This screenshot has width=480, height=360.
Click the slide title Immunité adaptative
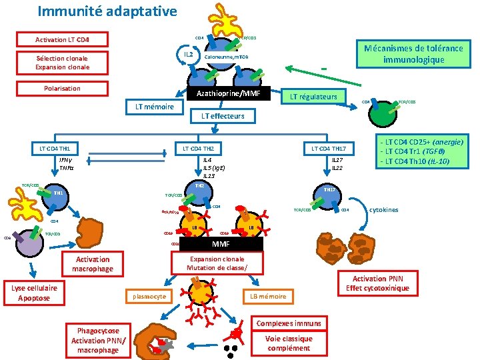click(107, 11)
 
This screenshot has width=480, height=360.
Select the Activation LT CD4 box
click(62, 39)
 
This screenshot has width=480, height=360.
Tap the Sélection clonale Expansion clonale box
click(62, 63)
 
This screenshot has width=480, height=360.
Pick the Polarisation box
click(62, 88)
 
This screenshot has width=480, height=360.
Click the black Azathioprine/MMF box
click(233, 93)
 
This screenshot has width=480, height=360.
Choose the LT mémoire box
click(155, 107)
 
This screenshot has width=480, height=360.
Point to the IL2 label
click(189, 53)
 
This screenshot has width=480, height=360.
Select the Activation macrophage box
click(93, 264)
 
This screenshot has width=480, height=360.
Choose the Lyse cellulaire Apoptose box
click(34, 293)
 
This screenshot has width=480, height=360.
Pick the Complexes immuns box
click(289, 323)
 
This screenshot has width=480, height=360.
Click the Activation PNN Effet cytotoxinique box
click(378, 283)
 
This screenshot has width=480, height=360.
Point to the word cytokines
click(383, 210)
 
